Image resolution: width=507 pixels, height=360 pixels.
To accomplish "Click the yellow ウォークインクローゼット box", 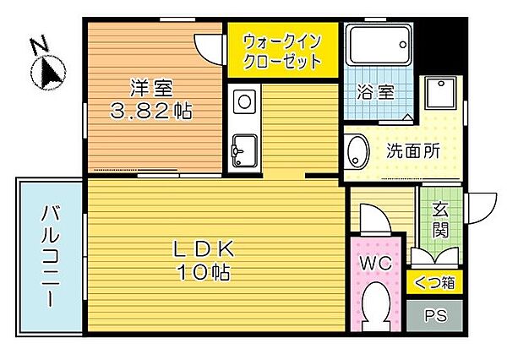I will [282, 51].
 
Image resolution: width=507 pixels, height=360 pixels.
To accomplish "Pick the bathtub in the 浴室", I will [379, 46].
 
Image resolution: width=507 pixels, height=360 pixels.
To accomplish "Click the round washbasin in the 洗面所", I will [358, 153].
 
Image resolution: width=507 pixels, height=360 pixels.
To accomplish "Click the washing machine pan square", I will [440, 95].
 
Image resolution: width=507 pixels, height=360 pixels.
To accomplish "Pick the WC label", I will [375, 263].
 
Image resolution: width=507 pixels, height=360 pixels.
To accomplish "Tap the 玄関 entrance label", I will [439, 221].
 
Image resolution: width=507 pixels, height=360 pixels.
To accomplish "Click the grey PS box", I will [434, 317].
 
